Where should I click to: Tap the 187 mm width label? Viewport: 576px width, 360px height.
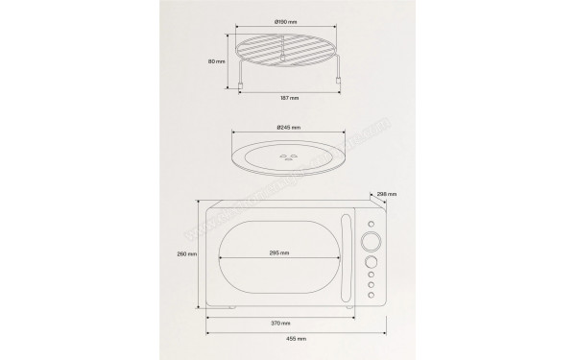[x=288, y=96]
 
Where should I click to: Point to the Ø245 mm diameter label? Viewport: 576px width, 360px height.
[x=288, y=128]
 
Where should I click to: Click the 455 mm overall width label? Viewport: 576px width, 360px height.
[x=295, y=339]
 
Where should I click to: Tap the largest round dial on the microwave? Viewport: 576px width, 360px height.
[x=370, y=241]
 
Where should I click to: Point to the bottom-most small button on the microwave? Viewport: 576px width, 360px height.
[x=370, y=296]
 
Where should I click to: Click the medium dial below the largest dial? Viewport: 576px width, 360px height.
[x=370, y=260]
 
